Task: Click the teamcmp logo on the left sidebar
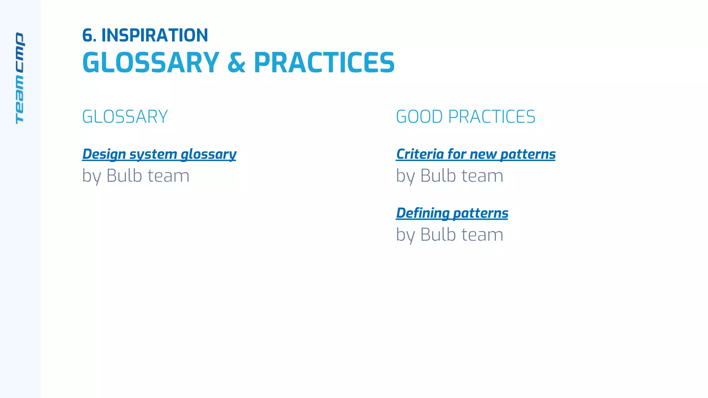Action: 20,78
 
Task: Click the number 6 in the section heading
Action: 88,36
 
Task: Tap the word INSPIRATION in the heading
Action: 155,36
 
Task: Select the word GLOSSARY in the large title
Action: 151,63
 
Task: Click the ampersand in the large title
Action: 236,63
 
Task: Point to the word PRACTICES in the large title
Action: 324,63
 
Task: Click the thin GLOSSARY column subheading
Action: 125,117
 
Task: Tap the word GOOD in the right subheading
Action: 419,117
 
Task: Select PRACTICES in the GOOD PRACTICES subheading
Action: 492,117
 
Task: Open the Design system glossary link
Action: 159,154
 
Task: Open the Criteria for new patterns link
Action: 476,154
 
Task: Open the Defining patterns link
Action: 452,213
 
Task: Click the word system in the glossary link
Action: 153,154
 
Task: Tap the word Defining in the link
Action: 422,213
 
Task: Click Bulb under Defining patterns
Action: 438,235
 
